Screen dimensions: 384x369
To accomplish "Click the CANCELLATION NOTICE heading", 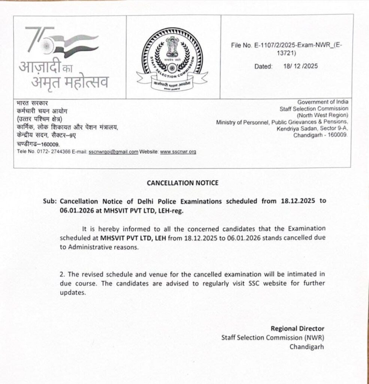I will (x=182, y=183).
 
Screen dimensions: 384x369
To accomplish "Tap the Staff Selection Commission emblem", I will (x=173, y=57).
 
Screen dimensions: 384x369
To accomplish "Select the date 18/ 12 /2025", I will (x=300, y=66).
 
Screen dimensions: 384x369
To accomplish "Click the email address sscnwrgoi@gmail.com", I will (x=113, y=152).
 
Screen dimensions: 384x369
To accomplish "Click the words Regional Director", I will (x=297, y=328).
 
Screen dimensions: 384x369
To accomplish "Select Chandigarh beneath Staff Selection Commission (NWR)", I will (x=306, y=347).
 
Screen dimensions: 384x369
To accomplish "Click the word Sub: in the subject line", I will (x=50, y=201).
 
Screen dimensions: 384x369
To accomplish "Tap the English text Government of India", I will (x=323, y=102).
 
